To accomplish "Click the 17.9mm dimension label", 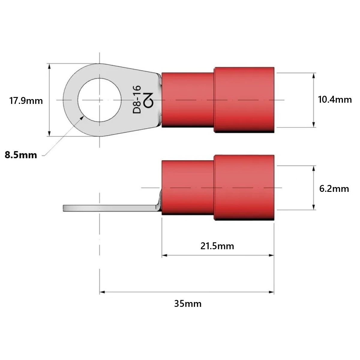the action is tap(26, 101).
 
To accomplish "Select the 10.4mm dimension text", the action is tap(335, 99).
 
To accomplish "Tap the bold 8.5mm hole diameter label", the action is tap(21, 155).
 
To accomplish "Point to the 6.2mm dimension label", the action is tap(334, 189).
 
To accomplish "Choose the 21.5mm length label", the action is tap(217, 246).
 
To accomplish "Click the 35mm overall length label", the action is tap(188, 304).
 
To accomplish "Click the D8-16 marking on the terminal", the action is tap(137, 99).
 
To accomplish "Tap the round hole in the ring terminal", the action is tap(100, 100).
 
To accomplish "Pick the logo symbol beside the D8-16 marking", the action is tap(148, 100).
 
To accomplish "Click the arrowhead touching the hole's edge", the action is tap(82, 118).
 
